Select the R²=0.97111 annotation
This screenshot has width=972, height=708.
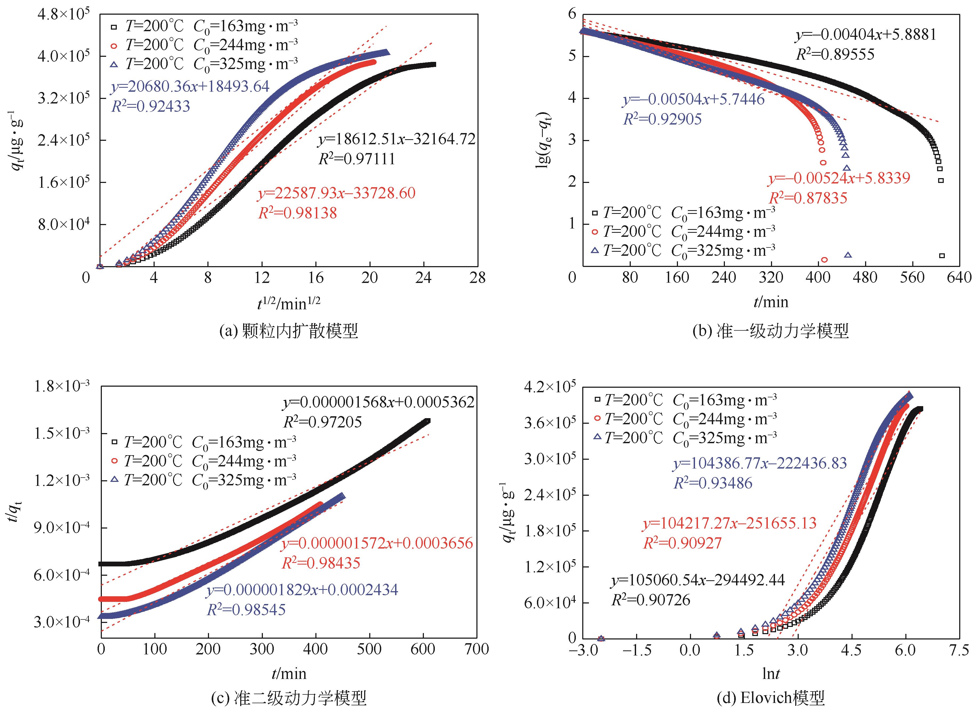coord(357,159)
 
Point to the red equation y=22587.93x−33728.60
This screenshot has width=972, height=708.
coord(336,193)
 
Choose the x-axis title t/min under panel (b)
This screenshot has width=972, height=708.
coord(770,302)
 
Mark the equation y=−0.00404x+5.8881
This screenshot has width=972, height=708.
coord(866,35)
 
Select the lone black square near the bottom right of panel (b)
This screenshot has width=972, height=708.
coord(942,256)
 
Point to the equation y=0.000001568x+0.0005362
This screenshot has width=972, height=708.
coord(378,402)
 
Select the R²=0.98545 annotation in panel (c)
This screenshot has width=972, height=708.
coord(246,609)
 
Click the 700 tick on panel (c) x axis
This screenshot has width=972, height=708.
coord(477,649)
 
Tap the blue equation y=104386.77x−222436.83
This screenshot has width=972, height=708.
coord(760,463)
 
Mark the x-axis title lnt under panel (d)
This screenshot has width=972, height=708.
coord(770,674)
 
